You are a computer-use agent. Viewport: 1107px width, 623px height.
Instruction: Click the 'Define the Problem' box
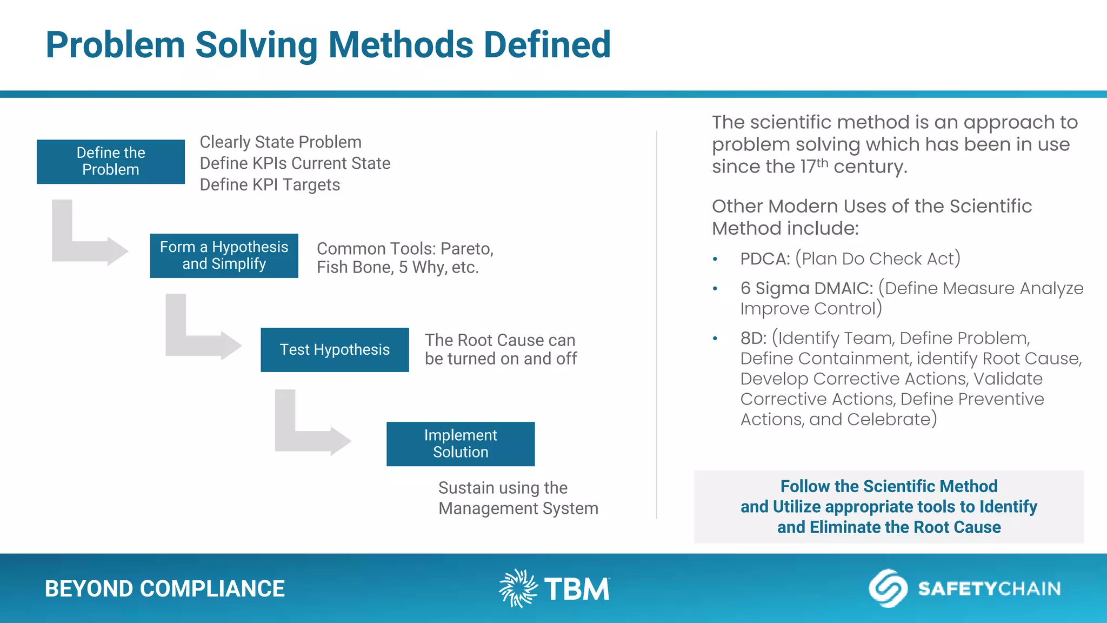point(111,161)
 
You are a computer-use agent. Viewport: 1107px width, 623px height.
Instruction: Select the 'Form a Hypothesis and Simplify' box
point(224,255)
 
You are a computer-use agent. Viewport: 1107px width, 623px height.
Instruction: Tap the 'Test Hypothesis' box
point(335,349)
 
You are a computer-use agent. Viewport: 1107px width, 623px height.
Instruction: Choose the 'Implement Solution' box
point(461,443)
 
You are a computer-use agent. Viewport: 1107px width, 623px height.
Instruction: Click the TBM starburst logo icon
point(518,588)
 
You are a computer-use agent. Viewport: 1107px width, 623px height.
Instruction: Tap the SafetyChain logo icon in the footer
point(888,588)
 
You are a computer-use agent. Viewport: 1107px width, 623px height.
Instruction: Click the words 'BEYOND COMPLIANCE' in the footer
point(164,589)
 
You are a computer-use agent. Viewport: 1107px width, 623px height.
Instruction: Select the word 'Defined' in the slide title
point(547,45)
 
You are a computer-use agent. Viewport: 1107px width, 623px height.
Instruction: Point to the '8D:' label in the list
point(753,339)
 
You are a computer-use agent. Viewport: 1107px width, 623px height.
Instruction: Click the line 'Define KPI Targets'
point(270,185)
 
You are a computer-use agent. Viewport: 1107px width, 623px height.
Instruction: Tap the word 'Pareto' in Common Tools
point(466,249)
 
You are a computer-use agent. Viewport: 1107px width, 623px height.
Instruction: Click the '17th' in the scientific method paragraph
point(813,166)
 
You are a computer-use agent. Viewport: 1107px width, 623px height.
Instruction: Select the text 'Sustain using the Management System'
point(518,498)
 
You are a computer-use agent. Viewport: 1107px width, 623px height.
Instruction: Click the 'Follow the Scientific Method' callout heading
point(889,486)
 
